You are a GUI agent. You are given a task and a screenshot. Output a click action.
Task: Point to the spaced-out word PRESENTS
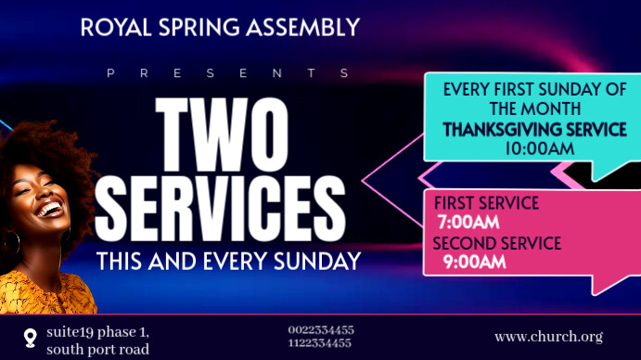click(x=228, y=72)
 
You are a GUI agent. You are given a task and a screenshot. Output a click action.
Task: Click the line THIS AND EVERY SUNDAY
click(x=228, y=262)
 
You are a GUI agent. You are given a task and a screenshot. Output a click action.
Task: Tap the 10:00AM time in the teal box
click(x=540, y=148)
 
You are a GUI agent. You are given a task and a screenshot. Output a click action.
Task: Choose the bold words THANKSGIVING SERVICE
click(x=534, y=129)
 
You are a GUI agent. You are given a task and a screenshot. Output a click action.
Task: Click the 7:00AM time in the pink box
click(x=468, y=222)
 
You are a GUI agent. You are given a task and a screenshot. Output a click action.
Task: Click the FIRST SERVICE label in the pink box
click(x=486, y=203)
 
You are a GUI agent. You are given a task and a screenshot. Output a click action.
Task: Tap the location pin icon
click(x=31, y=337)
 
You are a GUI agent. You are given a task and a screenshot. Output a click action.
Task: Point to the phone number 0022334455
click(x=320, y=330)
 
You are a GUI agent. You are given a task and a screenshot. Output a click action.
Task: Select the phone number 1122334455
click(x=320, y=343)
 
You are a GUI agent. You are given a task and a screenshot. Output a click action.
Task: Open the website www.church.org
click(x=549, y=337)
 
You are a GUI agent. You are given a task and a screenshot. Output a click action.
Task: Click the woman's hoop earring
click(x=12, y=242)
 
